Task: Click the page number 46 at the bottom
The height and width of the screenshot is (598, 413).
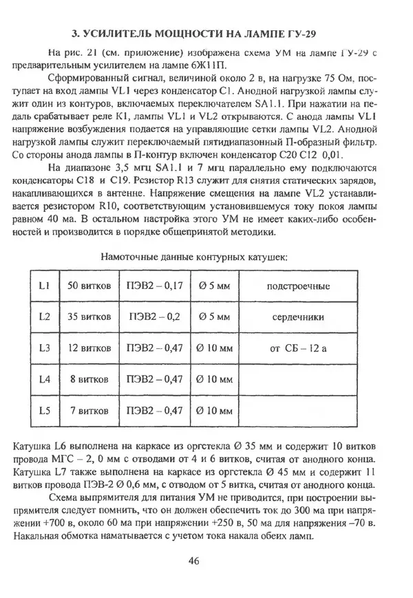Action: click(193, 560)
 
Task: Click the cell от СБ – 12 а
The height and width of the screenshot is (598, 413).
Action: click(299, 348)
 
